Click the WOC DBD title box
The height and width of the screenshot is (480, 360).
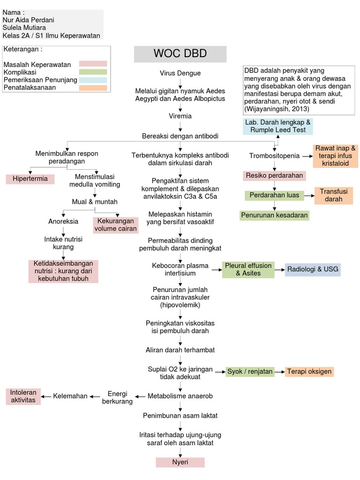click(180, 54)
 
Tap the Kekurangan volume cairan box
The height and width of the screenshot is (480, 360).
click(116, 225)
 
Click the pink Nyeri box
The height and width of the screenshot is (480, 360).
click(180, 462)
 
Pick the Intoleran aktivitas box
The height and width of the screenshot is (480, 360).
click(22, 396)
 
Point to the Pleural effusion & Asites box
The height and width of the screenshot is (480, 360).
click(248, 270)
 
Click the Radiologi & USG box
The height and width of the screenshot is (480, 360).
click(313, 270)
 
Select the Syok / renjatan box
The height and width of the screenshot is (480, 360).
click(250, 372)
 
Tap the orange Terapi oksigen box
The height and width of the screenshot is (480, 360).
click(309, 372)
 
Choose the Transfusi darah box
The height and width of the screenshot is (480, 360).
click(334, 195)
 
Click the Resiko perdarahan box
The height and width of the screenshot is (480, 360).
click(274, 176)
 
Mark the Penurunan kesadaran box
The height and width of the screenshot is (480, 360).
click(274, 215)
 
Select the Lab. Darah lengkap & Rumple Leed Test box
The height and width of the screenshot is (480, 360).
click(277, 126)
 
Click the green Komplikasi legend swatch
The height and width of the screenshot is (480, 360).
click(93, 72)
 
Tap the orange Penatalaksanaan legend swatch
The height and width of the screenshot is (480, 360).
click(93, 88)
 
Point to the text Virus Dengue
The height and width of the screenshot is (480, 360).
click(180, 73)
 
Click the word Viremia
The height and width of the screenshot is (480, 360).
click(180, 116)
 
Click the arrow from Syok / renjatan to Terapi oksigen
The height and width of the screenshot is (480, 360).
click(279, 372)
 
